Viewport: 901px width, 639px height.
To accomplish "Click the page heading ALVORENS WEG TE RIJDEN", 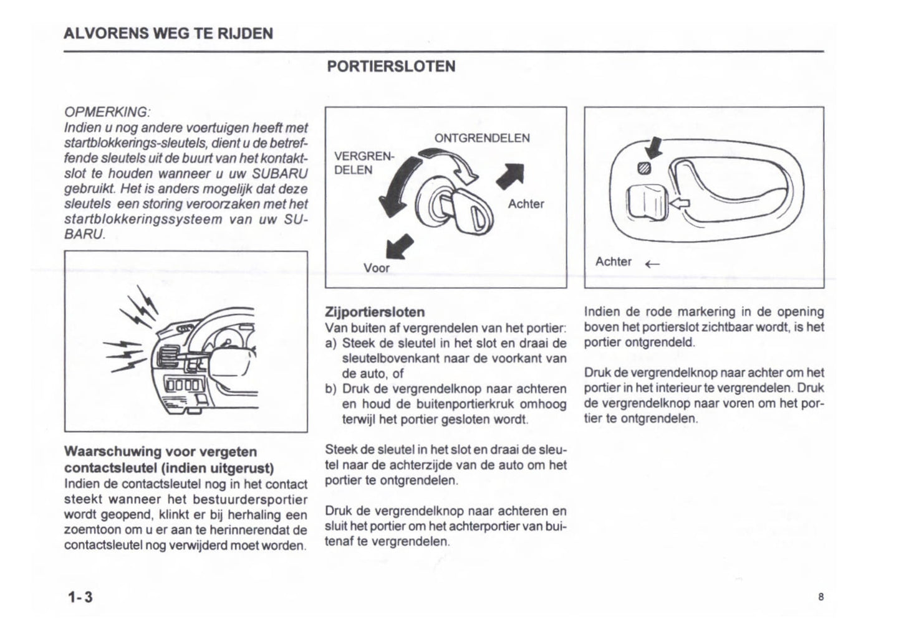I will coord(168,34).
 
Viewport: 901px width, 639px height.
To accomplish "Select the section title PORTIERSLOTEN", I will coord(391,67).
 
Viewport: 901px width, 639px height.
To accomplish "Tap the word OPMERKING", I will coord(107,112).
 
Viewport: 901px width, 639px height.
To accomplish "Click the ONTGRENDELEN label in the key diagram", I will coord(482,138).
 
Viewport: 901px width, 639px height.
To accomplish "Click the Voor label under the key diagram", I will coord(376,268).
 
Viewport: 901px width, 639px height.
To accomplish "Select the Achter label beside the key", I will coord(526,204).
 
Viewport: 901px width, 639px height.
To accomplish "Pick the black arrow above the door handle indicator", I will coord(654,148).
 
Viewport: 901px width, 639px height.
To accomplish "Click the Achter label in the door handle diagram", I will coord(613,262).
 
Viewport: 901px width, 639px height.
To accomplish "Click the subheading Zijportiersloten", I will coord(375,312).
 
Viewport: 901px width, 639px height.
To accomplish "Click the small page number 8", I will coord(821,597).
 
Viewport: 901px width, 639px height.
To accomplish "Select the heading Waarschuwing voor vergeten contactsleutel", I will coord(169,460).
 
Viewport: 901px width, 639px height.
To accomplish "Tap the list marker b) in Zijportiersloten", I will coord(331,389).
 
